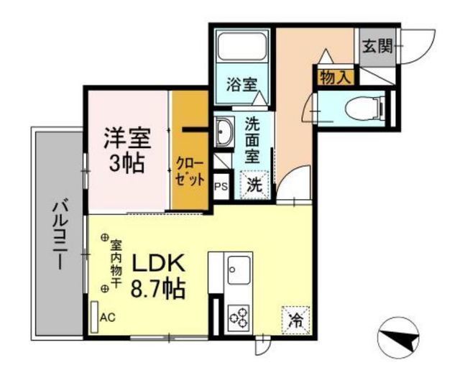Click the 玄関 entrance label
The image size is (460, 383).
click(377, 46)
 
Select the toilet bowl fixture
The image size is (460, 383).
click(364, 109)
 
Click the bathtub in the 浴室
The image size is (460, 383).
click(242, 46)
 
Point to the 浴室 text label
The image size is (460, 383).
click(241, 85)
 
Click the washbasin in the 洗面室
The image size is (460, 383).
click(224, 132)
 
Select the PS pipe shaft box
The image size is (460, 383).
click(222, 187)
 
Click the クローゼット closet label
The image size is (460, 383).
click(190, 172)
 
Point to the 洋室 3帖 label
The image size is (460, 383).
click(126, 150)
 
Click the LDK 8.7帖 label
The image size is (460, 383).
click(158, 276)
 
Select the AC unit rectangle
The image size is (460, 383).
click(94, 317)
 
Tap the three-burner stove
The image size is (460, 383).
click(239, 318)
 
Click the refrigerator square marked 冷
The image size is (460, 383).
click(295, 320)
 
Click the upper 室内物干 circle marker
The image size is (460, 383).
click(104, 238)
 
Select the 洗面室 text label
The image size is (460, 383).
click(252, 139)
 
